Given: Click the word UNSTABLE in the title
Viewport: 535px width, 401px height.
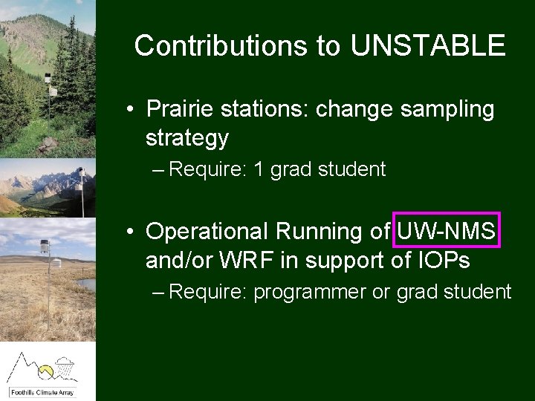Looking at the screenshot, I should [x=428, y=46].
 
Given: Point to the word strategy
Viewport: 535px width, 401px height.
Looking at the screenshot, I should [x=187, y=137].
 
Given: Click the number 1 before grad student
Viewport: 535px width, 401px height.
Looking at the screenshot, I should [x=259, y=170].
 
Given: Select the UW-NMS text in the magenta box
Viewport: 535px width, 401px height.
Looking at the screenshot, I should [x=447, y=232].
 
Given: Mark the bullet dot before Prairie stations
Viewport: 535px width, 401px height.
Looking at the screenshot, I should [x=129, y=110].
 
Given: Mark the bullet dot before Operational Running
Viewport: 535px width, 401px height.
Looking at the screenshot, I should [x=129, y=232].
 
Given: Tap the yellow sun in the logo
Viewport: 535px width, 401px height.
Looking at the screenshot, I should [x=46, y=369].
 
